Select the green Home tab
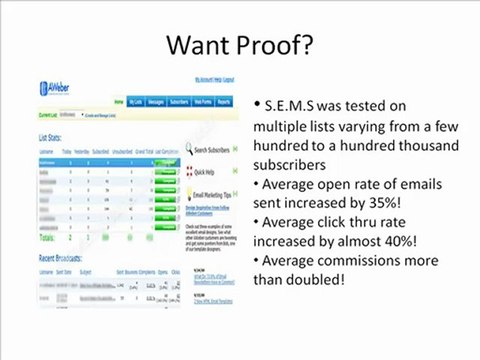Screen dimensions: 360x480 pos(120,102)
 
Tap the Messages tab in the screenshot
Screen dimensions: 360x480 pos(149,102)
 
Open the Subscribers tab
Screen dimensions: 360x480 pos(180,102)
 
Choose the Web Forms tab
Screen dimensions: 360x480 pos(206,102)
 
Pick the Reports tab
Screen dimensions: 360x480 pos(228,102)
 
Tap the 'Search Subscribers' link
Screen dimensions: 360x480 pos(216,151)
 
